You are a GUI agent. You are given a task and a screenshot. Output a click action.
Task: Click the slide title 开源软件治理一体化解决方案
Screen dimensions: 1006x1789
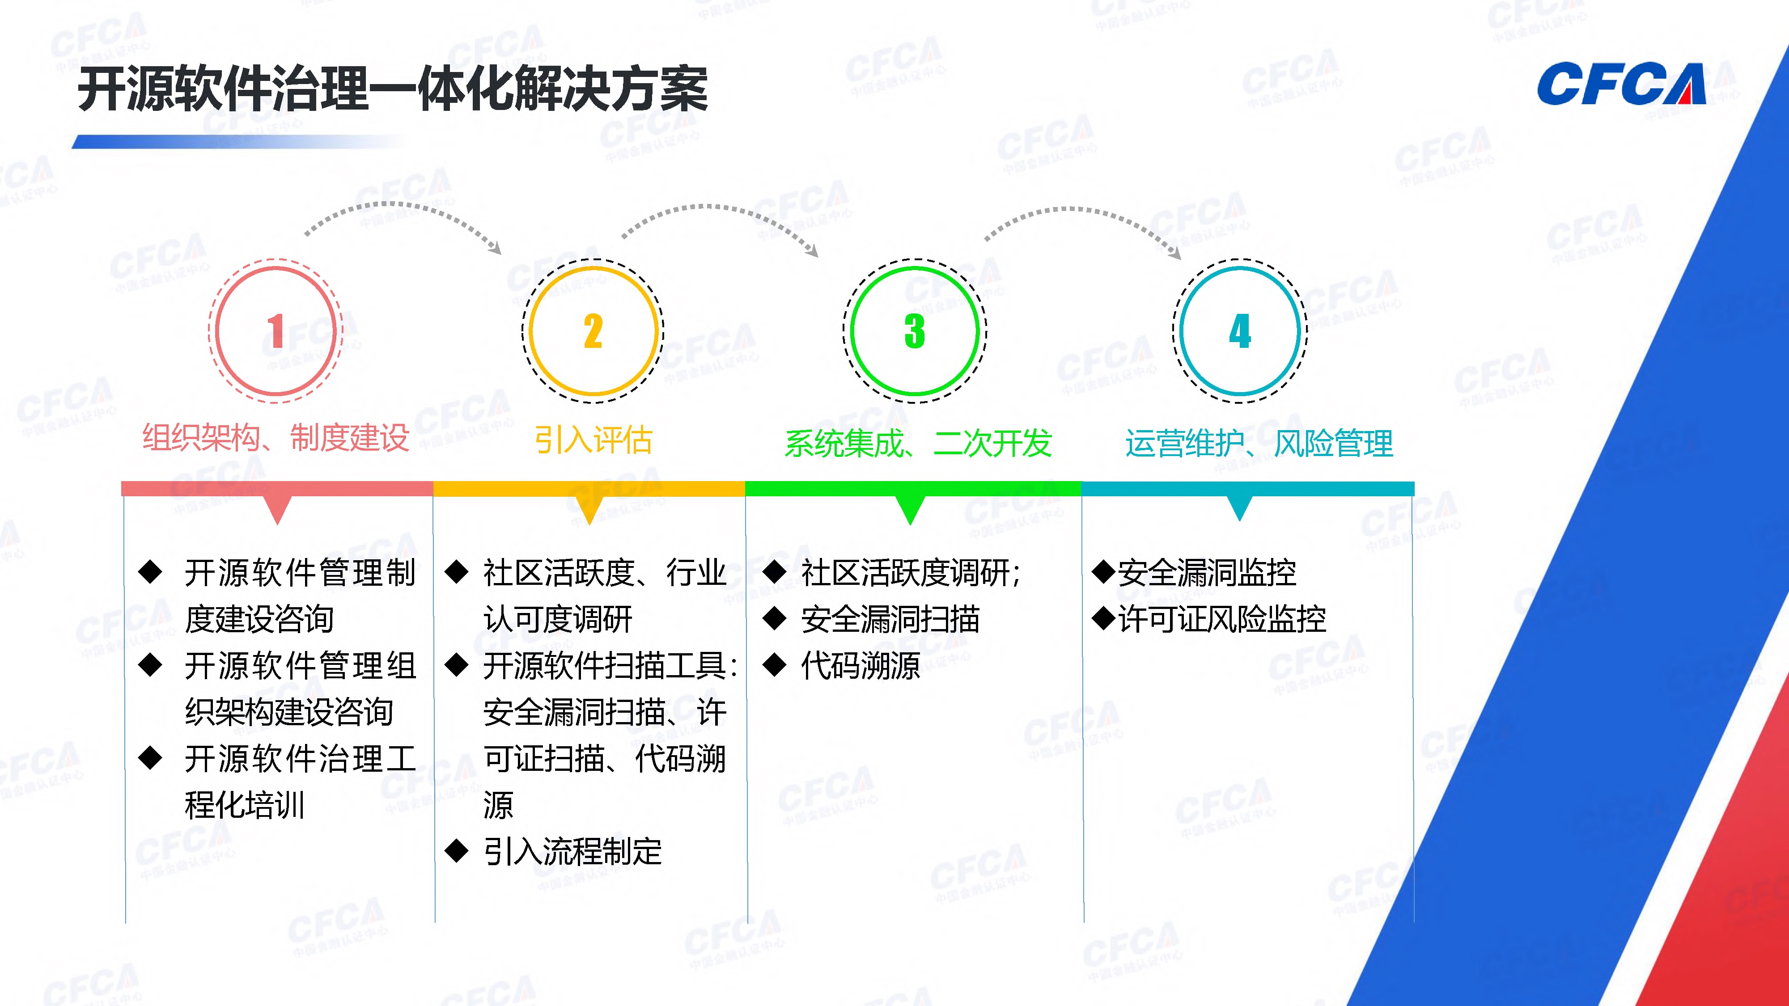click(392, 89)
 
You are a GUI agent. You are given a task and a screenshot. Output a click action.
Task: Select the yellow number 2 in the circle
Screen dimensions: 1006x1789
click(593, 331)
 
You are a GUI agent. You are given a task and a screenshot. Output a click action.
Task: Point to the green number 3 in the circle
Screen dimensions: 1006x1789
click(915, 331)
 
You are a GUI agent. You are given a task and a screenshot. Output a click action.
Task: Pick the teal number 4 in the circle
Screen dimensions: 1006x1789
click(1240, 331)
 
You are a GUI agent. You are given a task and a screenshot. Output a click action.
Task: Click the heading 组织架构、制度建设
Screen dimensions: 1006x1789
click(276, 438)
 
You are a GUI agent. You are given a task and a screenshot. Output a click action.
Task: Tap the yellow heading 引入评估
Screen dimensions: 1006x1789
click(593, 440)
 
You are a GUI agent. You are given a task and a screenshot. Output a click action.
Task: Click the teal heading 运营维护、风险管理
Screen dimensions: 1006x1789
click(1259, 444)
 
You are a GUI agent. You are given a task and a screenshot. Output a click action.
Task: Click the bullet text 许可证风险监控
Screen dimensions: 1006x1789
click(1221, 619)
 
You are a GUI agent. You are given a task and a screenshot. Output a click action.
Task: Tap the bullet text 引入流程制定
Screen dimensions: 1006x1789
click(572, 851)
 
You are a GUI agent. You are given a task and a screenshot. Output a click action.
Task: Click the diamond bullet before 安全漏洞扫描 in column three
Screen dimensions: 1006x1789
click(774, 619)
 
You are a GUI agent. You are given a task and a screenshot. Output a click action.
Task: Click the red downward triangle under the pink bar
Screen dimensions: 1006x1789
click(278, 510)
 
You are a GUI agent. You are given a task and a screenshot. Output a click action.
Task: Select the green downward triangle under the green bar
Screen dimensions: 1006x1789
click(910, 510)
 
